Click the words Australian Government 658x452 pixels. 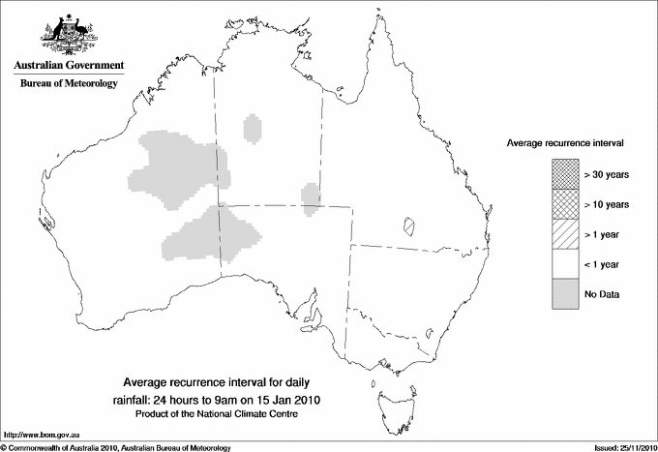(x=69, y=66)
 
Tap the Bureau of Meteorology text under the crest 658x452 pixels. (x=69, y=84)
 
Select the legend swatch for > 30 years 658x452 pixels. (x=565, y=174)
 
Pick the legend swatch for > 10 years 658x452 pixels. (x=565, y=204)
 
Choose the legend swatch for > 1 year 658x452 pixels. (x=565, y=233)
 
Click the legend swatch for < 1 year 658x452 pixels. (x=565, y=263)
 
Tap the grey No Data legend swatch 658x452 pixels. (x=565, y=293)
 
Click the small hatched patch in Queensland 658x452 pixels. (x=409, y=226)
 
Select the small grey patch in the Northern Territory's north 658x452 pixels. (x=254, y=128)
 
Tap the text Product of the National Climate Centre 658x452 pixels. (x=223, y=414)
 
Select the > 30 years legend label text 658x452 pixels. (x=607, y=174)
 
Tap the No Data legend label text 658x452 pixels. (x=602, y=293)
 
